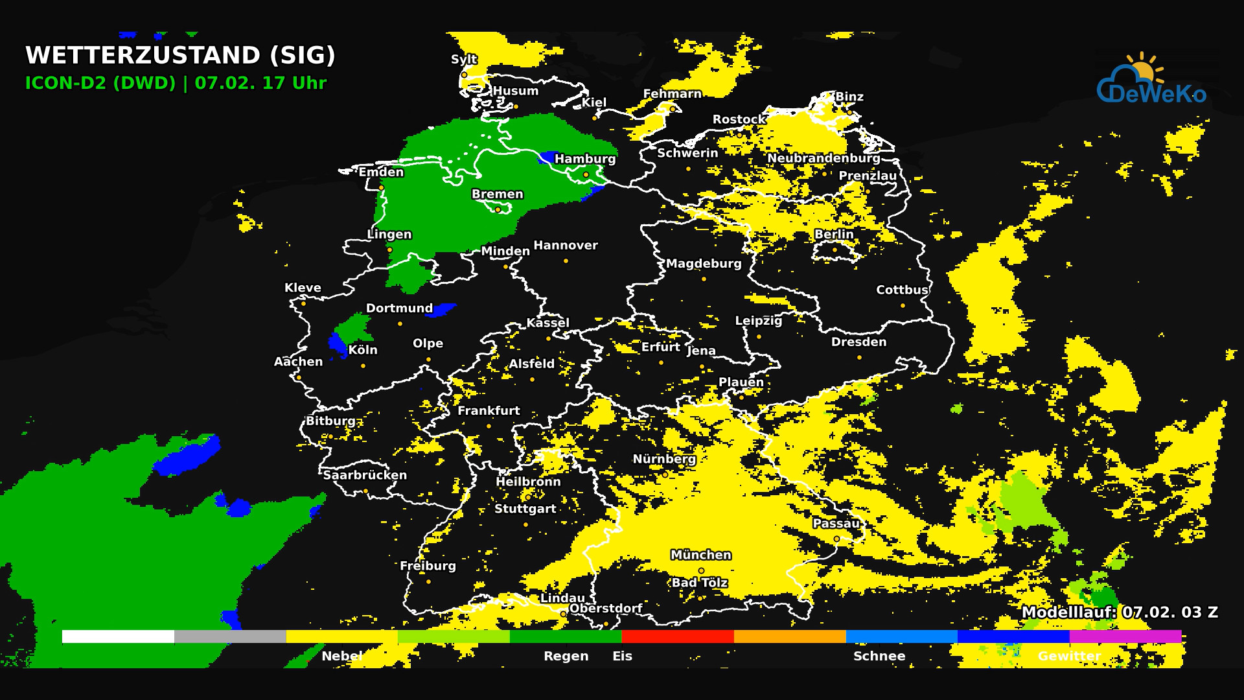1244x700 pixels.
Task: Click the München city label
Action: pyautogui.click(x=701, y=555)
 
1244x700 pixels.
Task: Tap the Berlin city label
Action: pyautogui.click(x=834, y=234)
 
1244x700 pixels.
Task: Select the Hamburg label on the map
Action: pyautogui.click(x=585, y=159)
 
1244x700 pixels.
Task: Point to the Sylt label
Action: pyautogui.click(x=464, y=59)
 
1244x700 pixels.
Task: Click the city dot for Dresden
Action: pyautogui.click(x=860, y=358)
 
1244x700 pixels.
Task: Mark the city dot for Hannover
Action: pyautogui.click(x=566, y=261)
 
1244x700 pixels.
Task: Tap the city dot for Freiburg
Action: pyautogui.click(x=428, y=582)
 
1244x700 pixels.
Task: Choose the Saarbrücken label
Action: pyautogui.click(x=365, y=475)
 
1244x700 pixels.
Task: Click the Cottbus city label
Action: pyautogui.click(x=902, y=290)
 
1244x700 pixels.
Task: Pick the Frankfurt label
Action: pyautogui.click(x=489, y=410)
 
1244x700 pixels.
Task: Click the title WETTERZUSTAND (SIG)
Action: pyautogui.click(x=180, y=55)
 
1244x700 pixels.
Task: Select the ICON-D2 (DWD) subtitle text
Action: pyautogui.click(x=100, y=83)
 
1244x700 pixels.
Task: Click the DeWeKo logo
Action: pyautogui.click(x=1151, y=81)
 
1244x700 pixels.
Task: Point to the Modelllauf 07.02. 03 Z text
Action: pyautogui.click(x=1120, y=612)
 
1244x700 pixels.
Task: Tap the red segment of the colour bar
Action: pyautogui.click(x=678, y=636)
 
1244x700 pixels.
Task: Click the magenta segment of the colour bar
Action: pyautogui.click(x=1125, y=636)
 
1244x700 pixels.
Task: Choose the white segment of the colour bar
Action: pyautogui.click(x=118, y=636)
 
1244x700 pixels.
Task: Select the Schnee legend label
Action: pyautogui.click(x=879, y=656)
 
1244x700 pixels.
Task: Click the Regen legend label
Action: pyautogui.click(x=566, y=656)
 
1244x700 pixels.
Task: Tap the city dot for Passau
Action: pyautogui.click(x=836, y=539)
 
